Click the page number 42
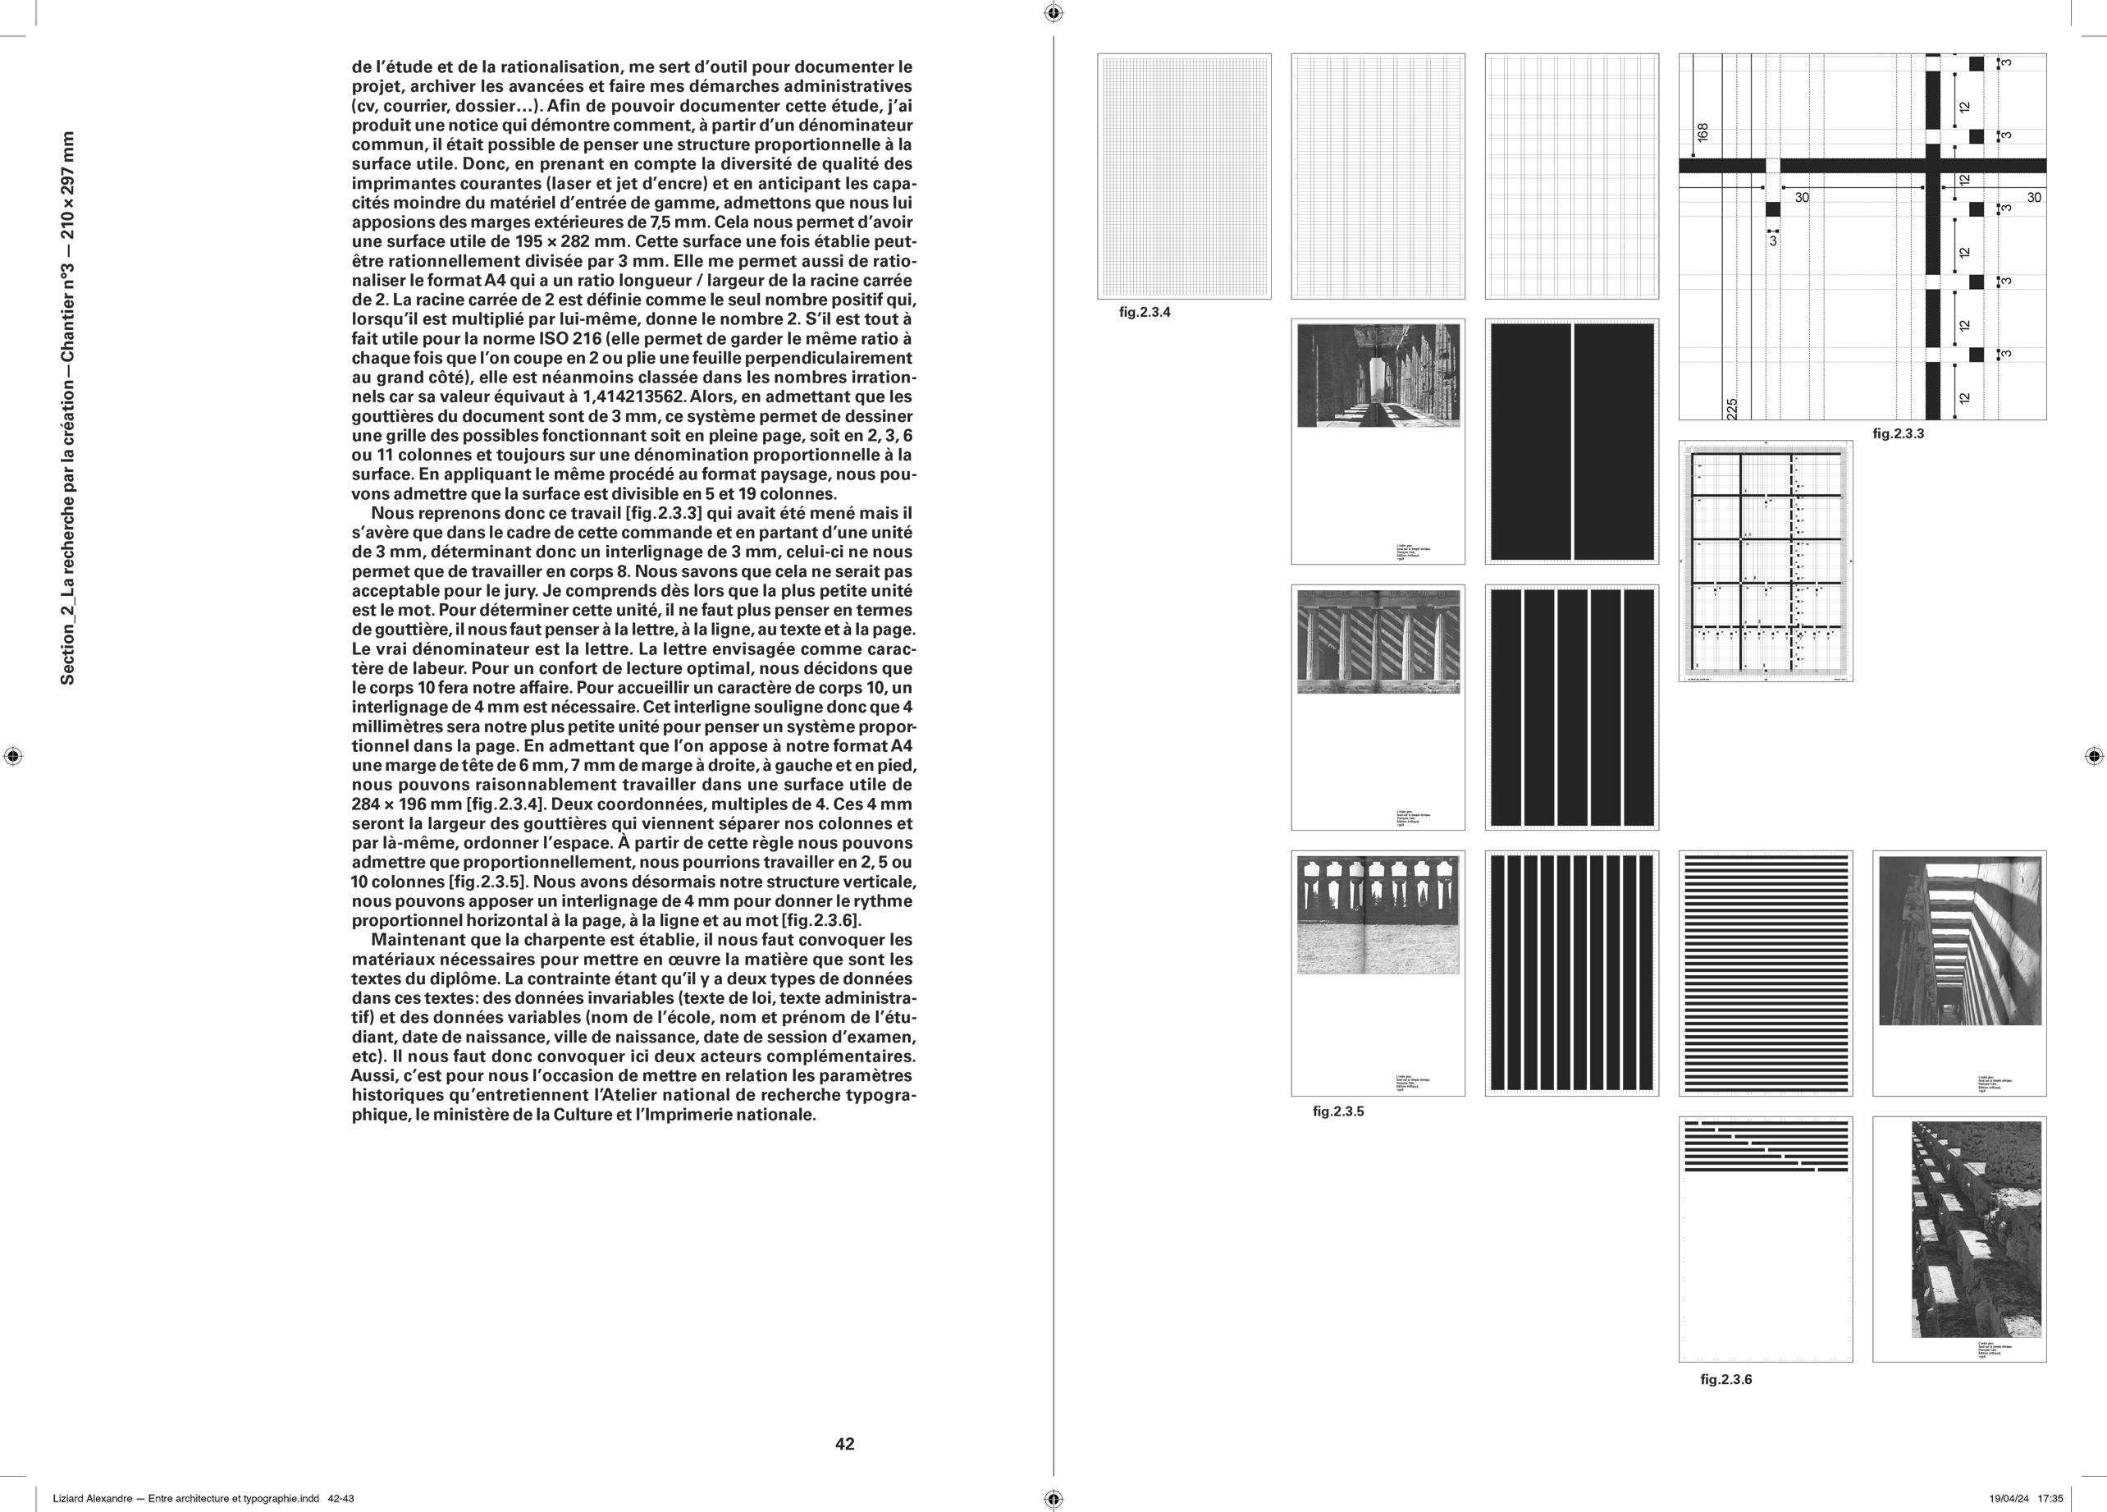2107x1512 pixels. click(x=844, y=1443)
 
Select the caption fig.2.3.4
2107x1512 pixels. click(x=1145, y=312)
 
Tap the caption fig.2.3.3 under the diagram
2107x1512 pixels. click(x=1898, y=433)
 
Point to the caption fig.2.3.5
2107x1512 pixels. click(x=1337, y=1111)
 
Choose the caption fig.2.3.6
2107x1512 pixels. click(x=1726, y=1379)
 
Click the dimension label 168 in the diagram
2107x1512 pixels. click(x=1703, y=133)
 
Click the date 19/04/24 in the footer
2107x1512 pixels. click(x=2009, y=1498)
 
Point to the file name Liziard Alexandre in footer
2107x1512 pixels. click(x=93, y=1498)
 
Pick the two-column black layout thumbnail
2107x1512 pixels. click(x=1571, y=442)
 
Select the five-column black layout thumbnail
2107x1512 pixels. click(x=1571, y=708)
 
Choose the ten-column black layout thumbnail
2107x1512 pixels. click(x=1571, y=973)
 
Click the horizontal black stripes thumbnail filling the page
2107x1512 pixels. click(x=1765, y=973)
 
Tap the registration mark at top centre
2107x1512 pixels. click(x=1053, y=13)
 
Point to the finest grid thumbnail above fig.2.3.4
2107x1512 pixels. click(x=1184, y=176)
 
